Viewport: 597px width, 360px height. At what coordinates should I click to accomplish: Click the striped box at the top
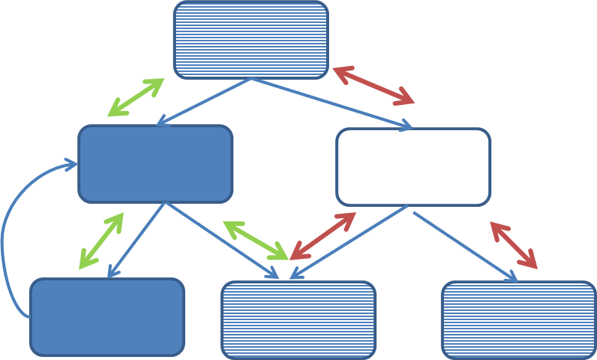tap(251, 40)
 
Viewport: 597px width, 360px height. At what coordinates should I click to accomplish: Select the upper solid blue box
tap(155, 164)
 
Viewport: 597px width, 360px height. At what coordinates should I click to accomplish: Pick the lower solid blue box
tap(107, 317)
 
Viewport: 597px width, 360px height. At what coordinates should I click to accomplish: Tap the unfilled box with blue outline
tap(413, 167)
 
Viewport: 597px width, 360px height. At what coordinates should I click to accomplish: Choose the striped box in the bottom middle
tap(298, 320)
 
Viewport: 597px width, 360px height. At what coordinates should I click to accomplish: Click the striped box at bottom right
tap(519, 320)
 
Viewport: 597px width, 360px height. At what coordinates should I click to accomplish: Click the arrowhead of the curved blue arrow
tap(71, 164)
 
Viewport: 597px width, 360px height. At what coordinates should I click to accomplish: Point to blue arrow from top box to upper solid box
tap(204, 102)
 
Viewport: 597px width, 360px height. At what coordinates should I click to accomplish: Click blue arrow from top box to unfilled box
tap(332, 103)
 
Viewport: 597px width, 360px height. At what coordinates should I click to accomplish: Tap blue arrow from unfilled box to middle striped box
tap(348, 242)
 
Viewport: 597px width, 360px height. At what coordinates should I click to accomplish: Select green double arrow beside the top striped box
tap(136, 97)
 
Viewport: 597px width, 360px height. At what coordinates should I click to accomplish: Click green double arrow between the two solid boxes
tap(102, 241)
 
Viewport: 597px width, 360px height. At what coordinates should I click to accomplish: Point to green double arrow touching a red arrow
tap(255, 241)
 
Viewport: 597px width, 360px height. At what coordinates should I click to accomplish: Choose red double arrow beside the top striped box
tap(374, 85)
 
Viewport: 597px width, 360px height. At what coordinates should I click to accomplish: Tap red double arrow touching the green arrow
tap(322, 236)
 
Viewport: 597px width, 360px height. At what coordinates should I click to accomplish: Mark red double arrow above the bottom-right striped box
tap(514, 245)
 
